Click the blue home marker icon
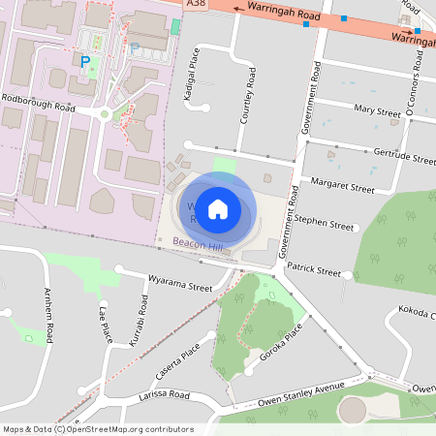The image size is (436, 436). pos(218,208)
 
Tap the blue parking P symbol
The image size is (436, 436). pos(85,61)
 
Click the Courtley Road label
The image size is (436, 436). pos(251,96)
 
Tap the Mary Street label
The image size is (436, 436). pos(378,110)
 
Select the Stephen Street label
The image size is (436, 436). pos(325,225)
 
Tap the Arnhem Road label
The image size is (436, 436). pos(47,315)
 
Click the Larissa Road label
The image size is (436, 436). pos(165,395)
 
